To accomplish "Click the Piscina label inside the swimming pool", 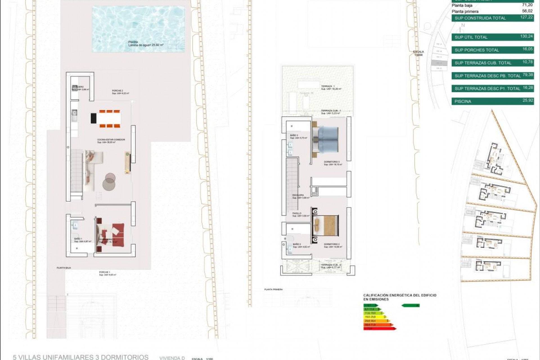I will pos(133,42).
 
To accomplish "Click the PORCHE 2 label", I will pos(117,91).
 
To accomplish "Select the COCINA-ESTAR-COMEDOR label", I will pos(111,139).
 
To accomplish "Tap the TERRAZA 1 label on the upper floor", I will pos(328,86).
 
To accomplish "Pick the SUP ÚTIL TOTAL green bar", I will pos(492,37).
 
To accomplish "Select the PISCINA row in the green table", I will pos(492,101).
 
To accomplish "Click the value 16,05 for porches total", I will pos(528,49).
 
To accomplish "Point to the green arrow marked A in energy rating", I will pos(410,305).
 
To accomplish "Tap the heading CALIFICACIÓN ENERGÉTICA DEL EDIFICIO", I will pos(400,295).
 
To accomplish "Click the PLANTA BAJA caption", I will pos(64,268).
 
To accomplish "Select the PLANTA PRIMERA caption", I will pos(273,289).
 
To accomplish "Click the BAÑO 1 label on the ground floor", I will pos(78,238).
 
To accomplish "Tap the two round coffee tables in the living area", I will pos(109,181).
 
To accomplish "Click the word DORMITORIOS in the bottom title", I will pos(122,357).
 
